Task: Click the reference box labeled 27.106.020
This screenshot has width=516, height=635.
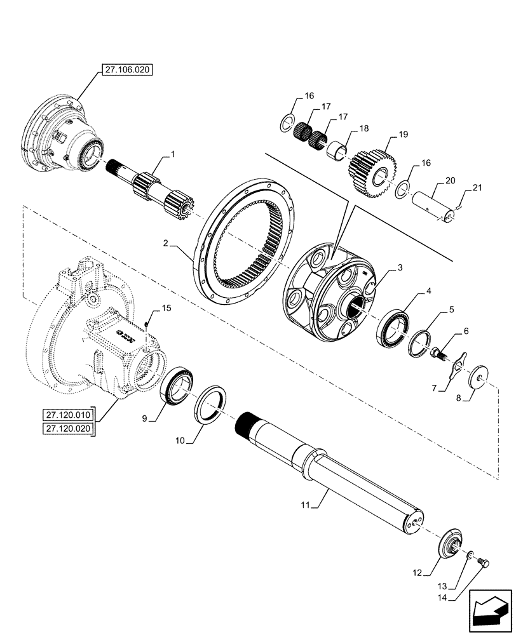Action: (126, 70)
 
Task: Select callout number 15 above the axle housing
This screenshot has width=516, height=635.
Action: (166, 309)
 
